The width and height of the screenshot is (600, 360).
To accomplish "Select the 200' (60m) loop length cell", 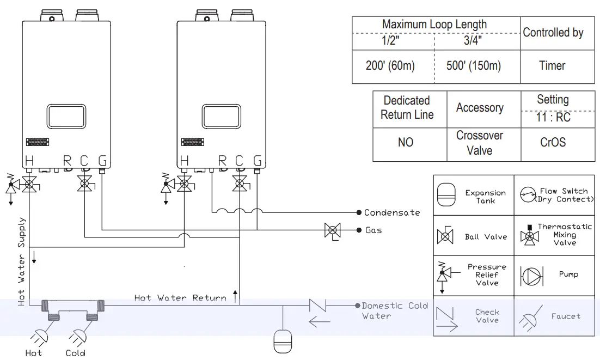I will point(390,66).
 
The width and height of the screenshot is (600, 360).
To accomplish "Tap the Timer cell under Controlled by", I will point(552,66).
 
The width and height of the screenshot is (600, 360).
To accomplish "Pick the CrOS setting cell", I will point(553,143).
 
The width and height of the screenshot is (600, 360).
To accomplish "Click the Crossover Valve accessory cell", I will point(480,143).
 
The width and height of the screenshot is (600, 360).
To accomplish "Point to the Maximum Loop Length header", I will point(434,25).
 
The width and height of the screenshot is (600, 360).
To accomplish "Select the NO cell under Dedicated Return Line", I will point(406,143).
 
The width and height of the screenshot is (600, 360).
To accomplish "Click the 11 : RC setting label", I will point(553,118).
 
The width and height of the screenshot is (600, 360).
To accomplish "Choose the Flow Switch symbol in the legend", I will point(528,195).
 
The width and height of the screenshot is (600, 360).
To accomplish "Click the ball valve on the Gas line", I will point(332,230).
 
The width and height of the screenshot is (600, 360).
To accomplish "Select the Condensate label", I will point(392,212).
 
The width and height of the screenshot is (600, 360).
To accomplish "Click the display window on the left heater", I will point(66,117).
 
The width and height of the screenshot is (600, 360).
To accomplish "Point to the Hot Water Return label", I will point(180,298).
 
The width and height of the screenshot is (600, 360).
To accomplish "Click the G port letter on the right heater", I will point(256,161).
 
